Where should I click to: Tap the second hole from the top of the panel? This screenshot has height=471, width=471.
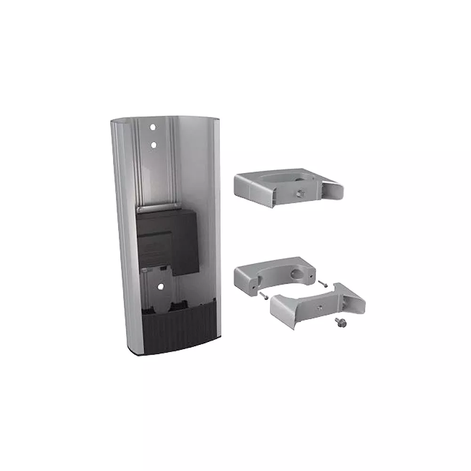click(153, 145)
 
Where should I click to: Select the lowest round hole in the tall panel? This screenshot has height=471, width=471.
click(160, 285)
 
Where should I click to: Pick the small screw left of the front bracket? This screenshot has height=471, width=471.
click(262, 295)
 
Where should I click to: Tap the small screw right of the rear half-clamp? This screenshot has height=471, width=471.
click(322, 284)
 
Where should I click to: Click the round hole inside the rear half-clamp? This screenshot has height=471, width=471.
click(298, 275)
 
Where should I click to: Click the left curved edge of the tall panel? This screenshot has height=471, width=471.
click(120, 235)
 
